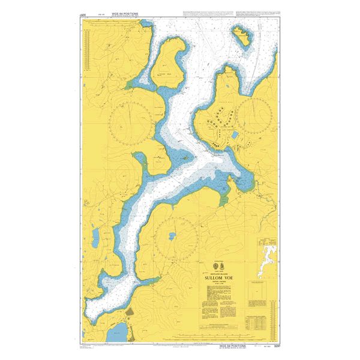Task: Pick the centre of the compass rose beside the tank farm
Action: coord(256,113)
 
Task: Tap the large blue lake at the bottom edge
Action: coord(121,332)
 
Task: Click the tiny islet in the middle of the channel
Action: coord(186,158)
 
